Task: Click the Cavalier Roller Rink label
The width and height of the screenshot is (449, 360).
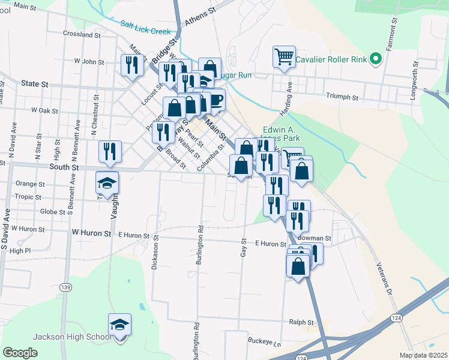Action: tap(331, 59)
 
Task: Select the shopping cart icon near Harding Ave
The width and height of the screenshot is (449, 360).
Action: tap(284, 57)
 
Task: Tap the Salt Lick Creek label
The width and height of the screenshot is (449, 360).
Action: tap(145, 26)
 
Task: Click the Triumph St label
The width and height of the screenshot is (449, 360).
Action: tap(342, 97)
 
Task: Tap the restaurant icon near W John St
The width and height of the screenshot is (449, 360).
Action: tap(132, 65)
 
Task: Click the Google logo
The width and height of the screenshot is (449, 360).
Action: tap(20, 352)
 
